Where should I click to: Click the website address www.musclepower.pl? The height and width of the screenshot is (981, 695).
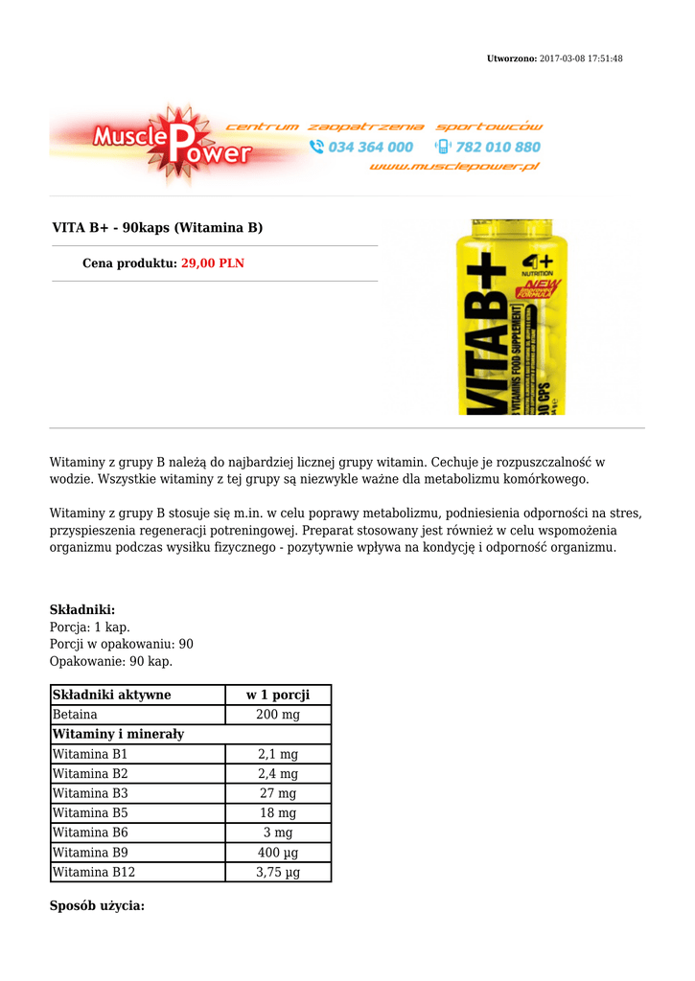point(453,166)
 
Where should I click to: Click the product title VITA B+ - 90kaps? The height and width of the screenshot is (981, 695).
point(157,228)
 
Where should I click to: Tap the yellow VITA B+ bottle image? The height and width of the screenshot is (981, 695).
point(510,317)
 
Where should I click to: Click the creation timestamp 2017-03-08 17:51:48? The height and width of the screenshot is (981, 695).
point(581,58)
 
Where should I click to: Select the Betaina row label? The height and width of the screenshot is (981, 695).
point(75,715)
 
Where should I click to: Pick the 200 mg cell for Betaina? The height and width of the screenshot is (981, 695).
point(278,715)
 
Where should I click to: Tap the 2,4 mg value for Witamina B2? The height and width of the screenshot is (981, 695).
point(278,774)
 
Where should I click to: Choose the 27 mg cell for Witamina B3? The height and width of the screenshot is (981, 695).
point(278,793)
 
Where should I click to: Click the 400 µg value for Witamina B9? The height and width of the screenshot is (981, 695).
point(278,853)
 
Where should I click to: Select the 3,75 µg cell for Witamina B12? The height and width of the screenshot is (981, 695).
point(278,872)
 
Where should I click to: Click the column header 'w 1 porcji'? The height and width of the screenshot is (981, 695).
point(278,695)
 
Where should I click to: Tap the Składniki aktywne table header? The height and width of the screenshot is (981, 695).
point(111,695)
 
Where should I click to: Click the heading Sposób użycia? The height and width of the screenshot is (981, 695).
point(97,905)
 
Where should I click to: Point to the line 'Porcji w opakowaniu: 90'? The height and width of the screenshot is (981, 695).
point(121,644)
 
